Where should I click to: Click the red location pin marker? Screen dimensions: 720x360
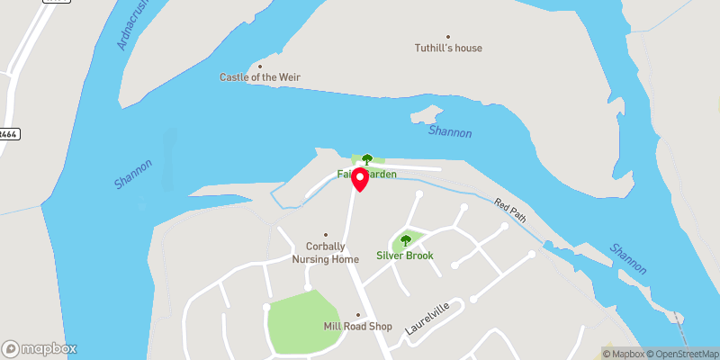click(x=360, y=178)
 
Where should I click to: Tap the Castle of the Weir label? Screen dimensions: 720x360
click(x=260, y=77)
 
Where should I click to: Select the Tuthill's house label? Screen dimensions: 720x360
click(x=448, y=49)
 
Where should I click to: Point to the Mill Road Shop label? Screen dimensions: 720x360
click(x=357, y=327)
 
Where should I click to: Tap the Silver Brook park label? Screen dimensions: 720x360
click(x=405, y=256)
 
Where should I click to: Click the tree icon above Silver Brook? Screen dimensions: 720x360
click(x=405, y=240)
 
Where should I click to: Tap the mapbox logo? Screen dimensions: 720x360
click(x=40, y=348)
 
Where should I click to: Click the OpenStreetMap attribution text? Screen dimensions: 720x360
click(x=681, y=353)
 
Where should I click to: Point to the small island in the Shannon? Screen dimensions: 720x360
click(x=425, y=115)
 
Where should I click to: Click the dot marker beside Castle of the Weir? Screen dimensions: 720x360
click(x=260, y=66)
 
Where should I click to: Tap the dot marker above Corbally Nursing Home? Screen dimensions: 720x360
click(x=326, y=235)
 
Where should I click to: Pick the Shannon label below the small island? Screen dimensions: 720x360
click(x=450, y=132)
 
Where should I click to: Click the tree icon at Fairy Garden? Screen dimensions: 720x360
click(x=367, y=160)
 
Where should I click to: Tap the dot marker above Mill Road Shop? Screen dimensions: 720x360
click(x=357, y=315)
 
